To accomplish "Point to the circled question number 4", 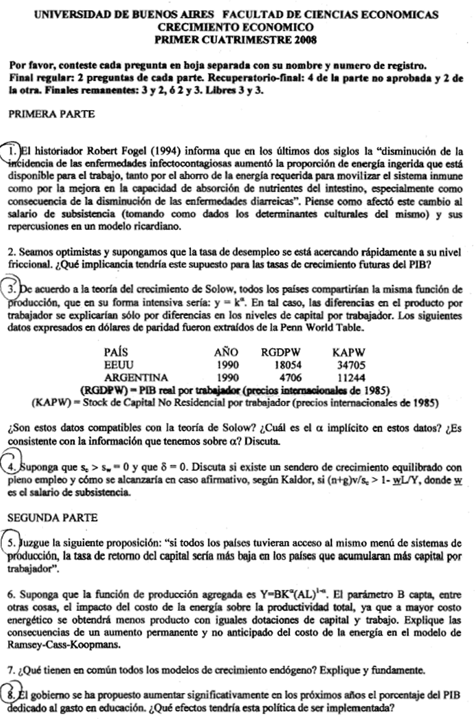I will point(12,467).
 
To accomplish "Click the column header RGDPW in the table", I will point(280,352).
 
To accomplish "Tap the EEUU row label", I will point(119,365).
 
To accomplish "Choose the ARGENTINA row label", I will point(136,377).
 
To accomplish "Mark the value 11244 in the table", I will point(351,377).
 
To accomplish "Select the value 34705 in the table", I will point(351,365).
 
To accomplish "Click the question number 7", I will point(11,670).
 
